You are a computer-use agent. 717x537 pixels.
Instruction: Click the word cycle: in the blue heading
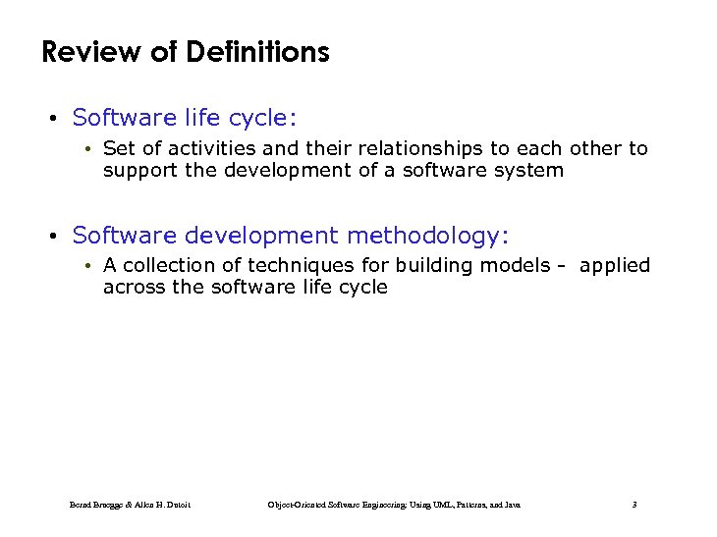262,119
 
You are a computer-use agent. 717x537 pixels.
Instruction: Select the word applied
614,265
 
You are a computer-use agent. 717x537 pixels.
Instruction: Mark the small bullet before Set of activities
88,149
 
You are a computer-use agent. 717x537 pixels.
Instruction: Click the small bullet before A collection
88,266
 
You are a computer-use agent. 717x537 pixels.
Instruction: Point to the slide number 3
634,505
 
